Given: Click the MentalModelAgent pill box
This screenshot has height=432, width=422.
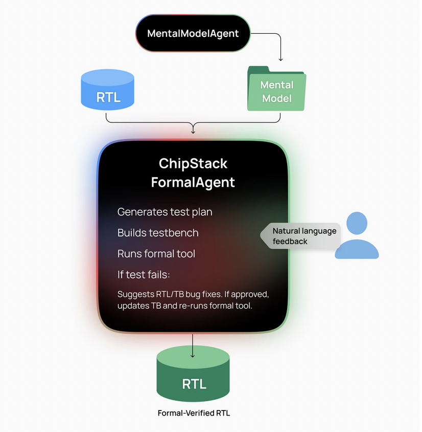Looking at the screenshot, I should [x=193, y=33].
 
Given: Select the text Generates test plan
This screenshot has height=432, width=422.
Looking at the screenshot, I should [x=165, y=211].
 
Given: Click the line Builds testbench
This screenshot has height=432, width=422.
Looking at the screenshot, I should [x=158, y=232].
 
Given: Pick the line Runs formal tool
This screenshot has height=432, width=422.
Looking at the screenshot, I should [x=156, y=253].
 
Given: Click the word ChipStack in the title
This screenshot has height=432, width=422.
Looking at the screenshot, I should [x=193, y=164].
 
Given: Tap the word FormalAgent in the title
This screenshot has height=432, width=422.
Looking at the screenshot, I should [x=193, y=182].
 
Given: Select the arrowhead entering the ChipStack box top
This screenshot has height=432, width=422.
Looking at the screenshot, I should [x=193, y=132].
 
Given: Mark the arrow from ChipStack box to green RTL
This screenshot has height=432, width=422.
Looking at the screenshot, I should [x=193, y=345].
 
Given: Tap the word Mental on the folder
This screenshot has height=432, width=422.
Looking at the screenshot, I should [x=277, y=84].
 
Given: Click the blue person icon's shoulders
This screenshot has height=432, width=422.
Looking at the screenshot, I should [x=357, y=249].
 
